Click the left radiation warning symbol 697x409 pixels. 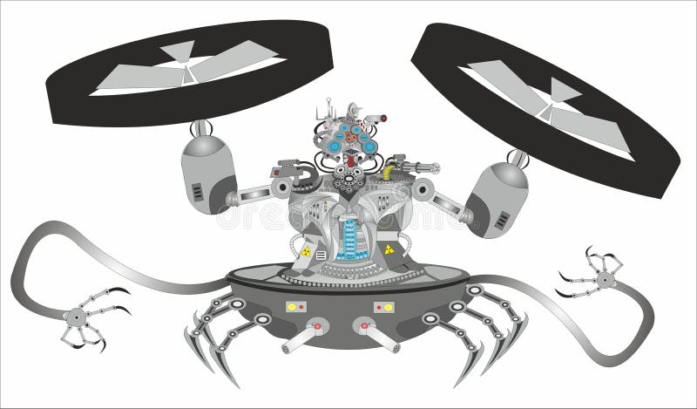306,251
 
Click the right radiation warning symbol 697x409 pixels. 389,249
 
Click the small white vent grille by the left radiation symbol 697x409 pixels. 321,255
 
